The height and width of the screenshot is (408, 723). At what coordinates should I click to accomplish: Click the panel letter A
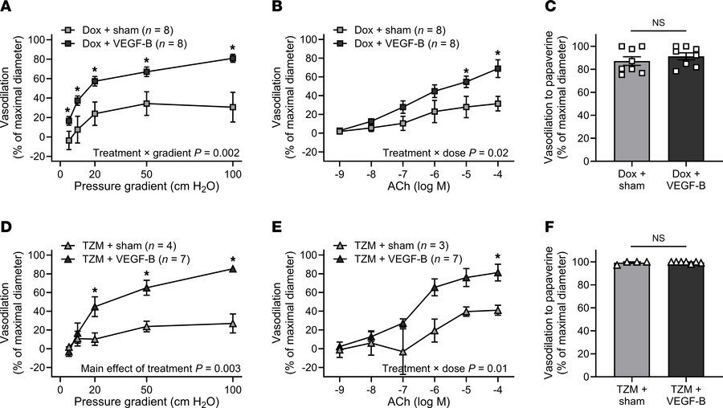pos(6,9)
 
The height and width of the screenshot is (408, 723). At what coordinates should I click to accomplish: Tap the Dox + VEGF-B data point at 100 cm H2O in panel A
pos(233,59)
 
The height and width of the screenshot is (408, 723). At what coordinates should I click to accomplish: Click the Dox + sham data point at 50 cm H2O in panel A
pos(146,104)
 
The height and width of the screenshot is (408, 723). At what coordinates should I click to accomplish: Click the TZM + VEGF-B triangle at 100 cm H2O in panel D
pos(233,269)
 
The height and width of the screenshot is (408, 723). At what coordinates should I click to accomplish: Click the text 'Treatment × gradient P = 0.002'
pos(164,151)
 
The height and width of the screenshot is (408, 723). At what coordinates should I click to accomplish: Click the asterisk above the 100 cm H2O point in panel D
pos(233,259)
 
